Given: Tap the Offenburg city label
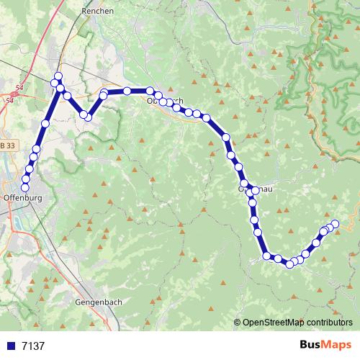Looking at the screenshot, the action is coord(25,197).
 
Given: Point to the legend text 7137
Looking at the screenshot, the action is coord(33,346).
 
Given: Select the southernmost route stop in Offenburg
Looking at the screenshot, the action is coord(26,187).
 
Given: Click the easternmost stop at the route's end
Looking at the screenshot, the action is coord(334,225).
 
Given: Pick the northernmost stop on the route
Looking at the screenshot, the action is coord(58,77).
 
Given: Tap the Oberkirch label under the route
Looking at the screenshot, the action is coord(164,101).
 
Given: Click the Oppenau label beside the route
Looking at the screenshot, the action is coord(255,189).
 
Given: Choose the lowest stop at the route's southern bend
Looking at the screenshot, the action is coord(290,264).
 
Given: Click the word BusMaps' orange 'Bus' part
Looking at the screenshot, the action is coord(311,345).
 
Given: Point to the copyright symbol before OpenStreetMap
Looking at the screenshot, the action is coord(238,323).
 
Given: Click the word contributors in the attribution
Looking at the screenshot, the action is coord(328,323).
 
